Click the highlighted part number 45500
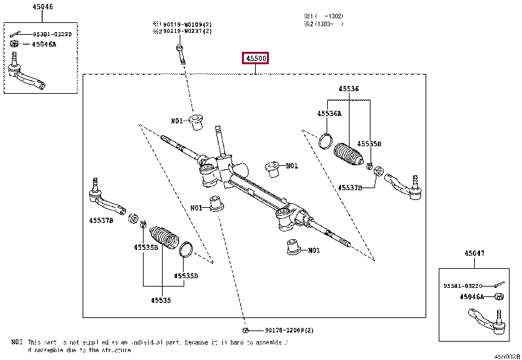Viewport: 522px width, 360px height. (x=256, y=59)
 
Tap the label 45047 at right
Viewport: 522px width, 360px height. (x=474, y=253)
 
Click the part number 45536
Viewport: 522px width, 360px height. (x=349, y=89)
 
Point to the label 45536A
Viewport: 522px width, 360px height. (x=329, y=113)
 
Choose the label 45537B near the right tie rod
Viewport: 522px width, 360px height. (x=350, y=188)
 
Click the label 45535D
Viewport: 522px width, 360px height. (x=186, y=276)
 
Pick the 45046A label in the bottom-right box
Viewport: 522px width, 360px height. (x=472, y=296)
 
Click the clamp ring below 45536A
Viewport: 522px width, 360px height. (x=326, y=140)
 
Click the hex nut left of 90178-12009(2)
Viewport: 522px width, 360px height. (x=245, y=330)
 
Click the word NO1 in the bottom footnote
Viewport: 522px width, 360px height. (x=16, y=342)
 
